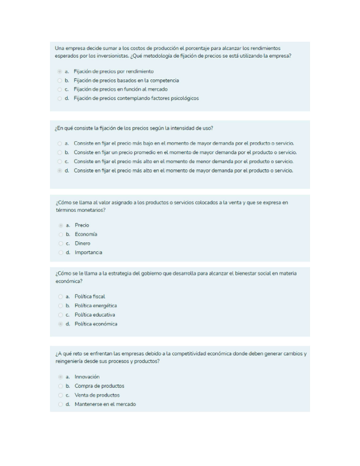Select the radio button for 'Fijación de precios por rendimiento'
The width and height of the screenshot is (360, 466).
click(x=59, y=71)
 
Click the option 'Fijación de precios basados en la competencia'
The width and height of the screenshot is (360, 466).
click(x=59, y=80)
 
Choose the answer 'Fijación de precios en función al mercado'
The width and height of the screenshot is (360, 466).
click(x=59, y=89)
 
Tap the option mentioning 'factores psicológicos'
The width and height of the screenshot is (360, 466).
click(x=59, y=98)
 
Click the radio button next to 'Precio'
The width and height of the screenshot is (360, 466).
click(x=59, y=225)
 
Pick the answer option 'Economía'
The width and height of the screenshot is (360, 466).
click(x=59, y=234)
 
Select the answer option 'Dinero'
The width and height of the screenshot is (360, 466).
click(x=59, y=243)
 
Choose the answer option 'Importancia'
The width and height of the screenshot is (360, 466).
click(x=59, y=252)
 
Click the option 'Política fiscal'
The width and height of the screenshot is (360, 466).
click(x=59, y=296)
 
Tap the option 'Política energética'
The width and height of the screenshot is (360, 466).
click(x=59, y=306)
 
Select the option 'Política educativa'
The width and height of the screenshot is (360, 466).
click(x=59, y=314)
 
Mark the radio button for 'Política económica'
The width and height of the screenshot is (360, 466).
click(x=59, y=324)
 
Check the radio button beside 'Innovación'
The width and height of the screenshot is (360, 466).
click(x=59, y=377)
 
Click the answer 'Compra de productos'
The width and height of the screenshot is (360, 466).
click(x=59, y=386)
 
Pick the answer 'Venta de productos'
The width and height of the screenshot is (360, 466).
click(x=59, y=395)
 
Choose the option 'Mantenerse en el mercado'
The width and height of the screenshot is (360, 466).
click(x=59, y=404)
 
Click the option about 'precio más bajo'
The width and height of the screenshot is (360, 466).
click(x=59, y=143)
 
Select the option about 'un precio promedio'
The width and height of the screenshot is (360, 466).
click(x=59, y=152)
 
